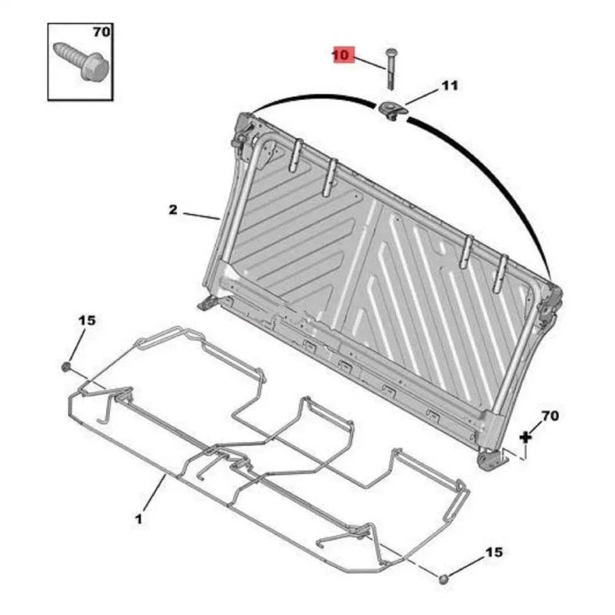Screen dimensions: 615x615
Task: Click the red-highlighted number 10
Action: point(341,55)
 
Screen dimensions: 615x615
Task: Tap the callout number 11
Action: point(450,85)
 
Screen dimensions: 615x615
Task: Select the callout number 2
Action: point(173,210)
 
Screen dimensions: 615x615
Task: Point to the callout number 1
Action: point(138,519)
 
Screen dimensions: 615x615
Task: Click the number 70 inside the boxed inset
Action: point(101,32)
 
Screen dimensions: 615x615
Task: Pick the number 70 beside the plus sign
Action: point(550,416)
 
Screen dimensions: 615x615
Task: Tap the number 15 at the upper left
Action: point(87,320)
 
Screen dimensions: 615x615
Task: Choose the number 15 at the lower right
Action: point(494,552)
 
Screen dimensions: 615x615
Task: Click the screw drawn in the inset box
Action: point(81,62)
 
